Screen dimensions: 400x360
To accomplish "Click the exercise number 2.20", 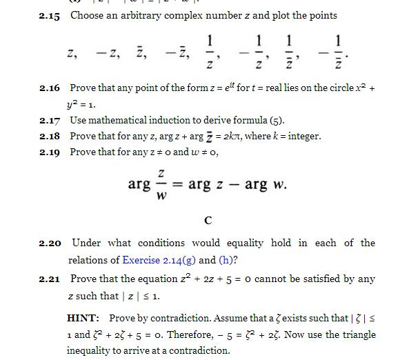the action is [50, 243].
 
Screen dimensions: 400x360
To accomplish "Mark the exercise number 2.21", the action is [50, 279].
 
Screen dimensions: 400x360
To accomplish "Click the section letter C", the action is [208, 221].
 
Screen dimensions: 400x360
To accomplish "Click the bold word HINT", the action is [83, 318].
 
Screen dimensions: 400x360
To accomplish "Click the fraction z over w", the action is [161, 185].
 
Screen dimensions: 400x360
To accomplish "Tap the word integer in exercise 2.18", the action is [304, 136].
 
